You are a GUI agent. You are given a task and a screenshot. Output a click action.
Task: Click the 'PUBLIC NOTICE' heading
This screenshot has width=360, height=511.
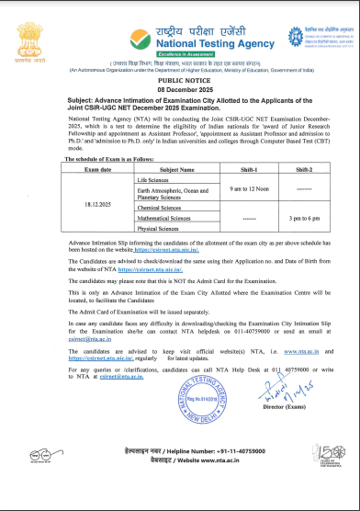click(180, 79)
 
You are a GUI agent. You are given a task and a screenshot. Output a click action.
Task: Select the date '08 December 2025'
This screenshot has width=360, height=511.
click(180, 88)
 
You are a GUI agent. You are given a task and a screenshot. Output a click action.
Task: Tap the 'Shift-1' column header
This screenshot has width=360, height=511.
click(243, 196)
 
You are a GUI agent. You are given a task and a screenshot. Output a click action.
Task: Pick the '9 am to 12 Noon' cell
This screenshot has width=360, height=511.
click(243, 214)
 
